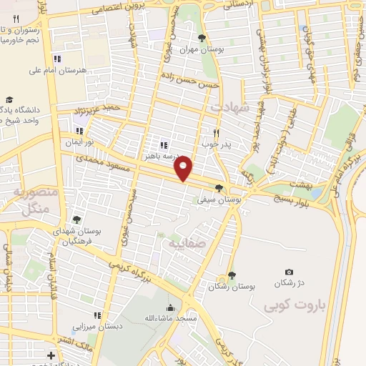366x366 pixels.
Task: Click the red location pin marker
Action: tap(184, 167)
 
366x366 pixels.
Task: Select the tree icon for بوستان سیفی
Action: tap(228, 188)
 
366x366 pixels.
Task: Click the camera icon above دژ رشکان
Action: tap(288, 272)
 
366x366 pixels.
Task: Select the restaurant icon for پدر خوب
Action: tap(215, 132)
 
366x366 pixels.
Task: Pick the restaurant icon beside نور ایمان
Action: tap(79, 132)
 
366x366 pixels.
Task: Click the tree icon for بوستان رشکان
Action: tap(231, 275)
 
